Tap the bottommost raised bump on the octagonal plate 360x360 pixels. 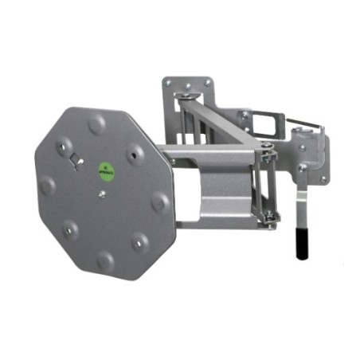[x=106, y=259]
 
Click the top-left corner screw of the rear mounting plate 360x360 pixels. [x=169, y=82]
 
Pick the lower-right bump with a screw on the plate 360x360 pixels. [x=142, y=239]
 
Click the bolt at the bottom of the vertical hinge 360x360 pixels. [x=272, y=216]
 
